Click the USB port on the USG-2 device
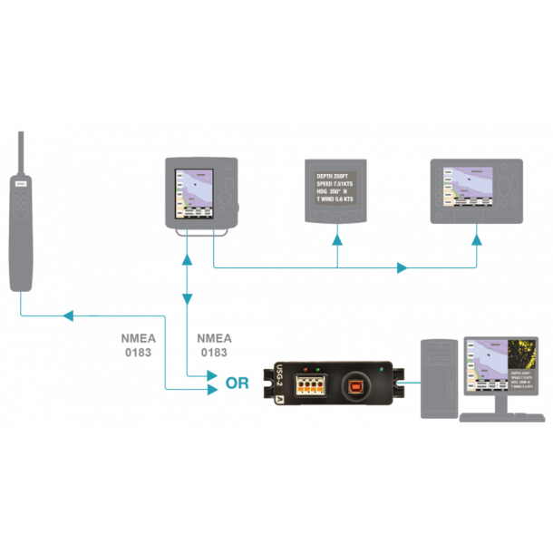click(x=355, y=384)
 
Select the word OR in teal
click(x=238, y=383)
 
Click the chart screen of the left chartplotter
click(x=193, y=192)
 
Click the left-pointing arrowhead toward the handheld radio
click(x=66, y=315)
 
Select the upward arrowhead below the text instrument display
click(x=337, y=239)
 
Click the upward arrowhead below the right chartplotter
click(x=476, y=239)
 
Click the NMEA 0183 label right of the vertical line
click(x=214, y=344)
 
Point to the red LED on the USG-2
click(x=307, y=369)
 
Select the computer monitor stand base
click(x=493, y=418)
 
